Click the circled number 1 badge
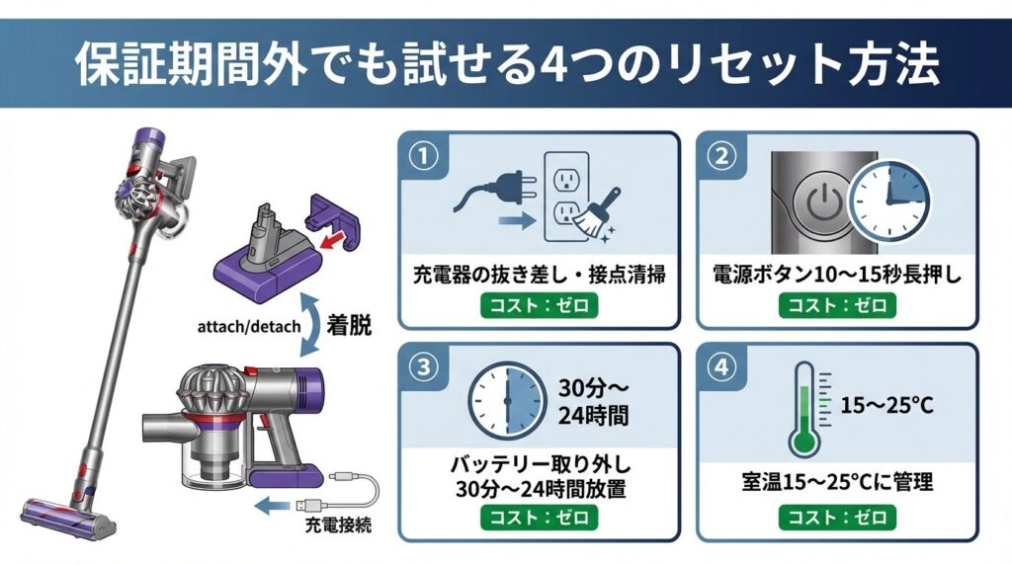(x=424, y=157)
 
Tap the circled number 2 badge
(x=721, y=157)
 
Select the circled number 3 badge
(x=424, y=367)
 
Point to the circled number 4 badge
(x=721, y=367)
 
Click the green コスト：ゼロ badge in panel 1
(x=539, y=305)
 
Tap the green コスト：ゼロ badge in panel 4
(x=837, y=518)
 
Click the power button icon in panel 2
(x=818, y=202)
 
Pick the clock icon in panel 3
(x=507, y=401)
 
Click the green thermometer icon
(x=805, y=410)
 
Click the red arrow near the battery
(x=331, y=242)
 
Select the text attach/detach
(x=249, y=326)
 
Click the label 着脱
(x=349, y=325)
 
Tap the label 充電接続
(x=338, y=525)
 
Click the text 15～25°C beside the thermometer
(x=886, y=405)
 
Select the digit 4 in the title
(x=551, y=64)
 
